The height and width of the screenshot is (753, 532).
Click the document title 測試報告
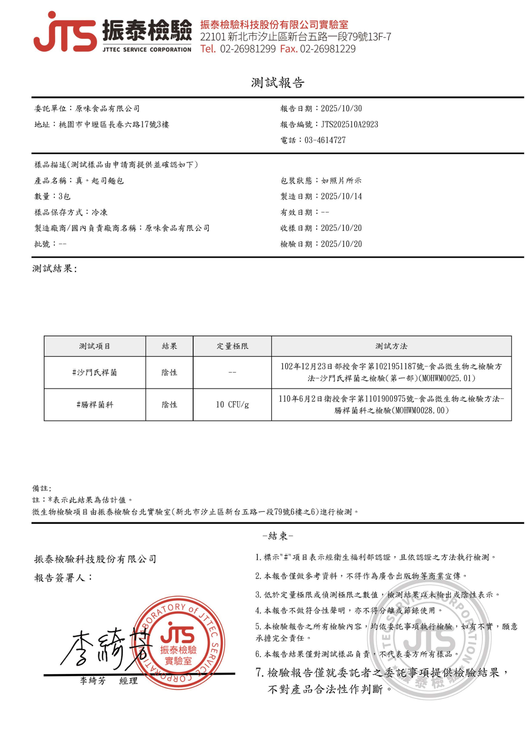[x=278, y=83]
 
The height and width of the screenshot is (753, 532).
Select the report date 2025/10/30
[x=341, y=108]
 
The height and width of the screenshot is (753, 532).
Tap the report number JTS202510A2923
[x=349, y=124]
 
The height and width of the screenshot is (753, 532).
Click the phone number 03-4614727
[x=325, y=140]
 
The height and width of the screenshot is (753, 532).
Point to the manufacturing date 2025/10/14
[x=341, y=196]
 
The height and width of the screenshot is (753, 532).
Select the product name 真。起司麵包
[x=100, y=181]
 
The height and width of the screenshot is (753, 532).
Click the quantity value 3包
[x=64, y=196]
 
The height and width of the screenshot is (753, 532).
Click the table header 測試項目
[x=94, y=346]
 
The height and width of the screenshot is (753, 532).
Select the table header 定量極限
[x=232, y=346]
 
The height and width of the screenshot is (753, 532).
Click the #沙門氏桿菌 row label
[x=94, y=372]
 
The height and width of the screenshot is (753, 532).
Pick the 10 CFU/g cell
[x=232, y=405]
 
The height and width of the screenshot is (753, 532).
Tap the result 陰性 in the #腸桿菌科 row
[x=169, y=405]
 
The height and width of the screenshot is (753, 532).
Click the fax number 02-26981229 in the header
[x=328, y=49]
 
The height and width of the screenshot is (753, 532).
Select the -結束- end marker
[x=278, y=536]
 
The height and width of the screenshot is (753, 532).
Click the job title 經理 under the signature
[x=129, y=681]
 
